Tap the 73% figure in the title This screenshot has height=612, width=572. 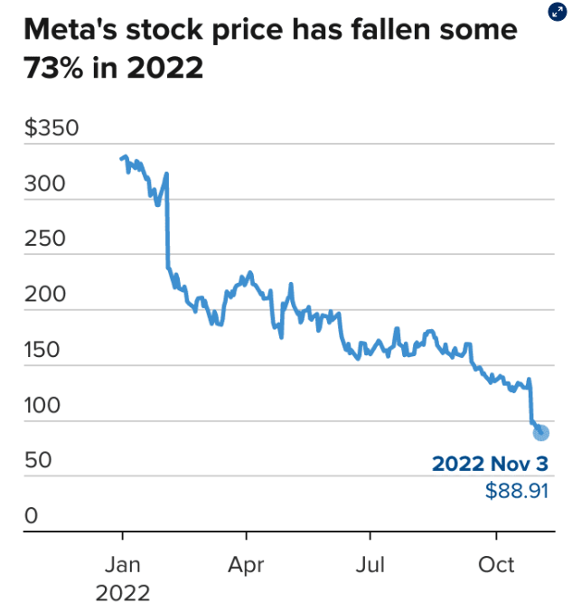coord(52,68)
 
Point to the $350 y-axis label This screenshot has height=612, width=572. coord(52,128)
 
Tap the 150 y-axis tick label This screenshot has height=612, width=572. coord(43,350)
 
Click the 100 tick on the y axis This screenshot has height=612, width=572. coord(43,405)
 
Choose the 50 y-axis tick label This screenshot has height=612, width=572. coord(38,461)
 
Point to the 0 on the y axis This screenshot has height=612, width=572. coord(31,516)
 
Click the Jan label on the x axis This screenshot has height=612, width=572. coord(122,566)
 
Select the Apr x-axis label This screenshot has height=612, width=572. coord(246,566)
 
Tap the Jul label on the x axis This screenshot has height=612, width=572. coord(370,566)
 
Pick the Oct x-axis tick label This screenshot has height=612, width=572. coord(495,566)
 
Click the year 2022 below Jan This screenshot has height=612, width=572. coord(122,594)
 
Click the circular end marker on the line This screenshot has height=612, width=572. coord(540,432)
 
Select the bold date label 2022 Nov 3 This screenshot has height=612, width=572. coord(490,464)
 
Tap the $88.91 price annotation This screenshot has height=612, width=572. coord(516,492)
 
